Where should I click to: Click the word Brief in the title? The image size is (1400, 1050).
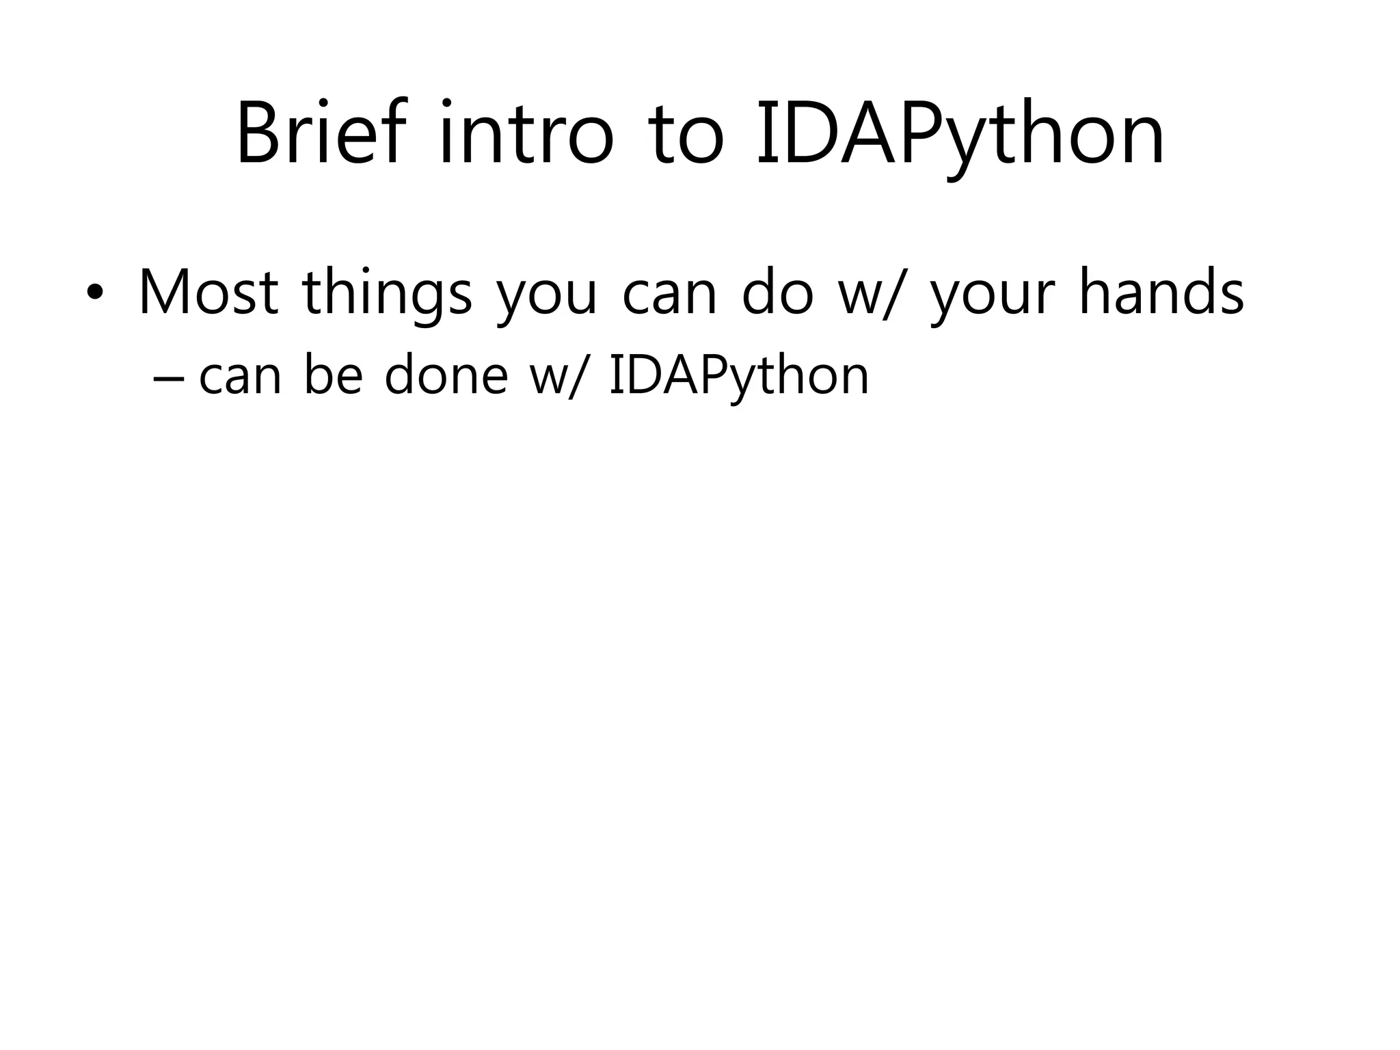click(x=321, y=133)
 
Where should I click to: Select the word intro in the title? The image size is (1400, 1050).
click(x=526, y=133)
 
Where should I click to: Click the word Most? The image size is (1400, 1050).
click(x=208, y=293)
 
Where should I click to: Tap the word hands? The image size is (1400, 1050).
click(x=1161, y=293)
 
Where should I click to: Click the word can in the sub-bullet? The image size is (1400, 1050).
click(x=240, y=378)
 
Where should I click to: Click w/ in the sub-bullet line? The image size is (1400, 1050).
click(x=557, y=377)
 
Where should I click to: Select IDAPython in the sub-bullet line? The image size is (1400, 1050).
click(x=738, y=378)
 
